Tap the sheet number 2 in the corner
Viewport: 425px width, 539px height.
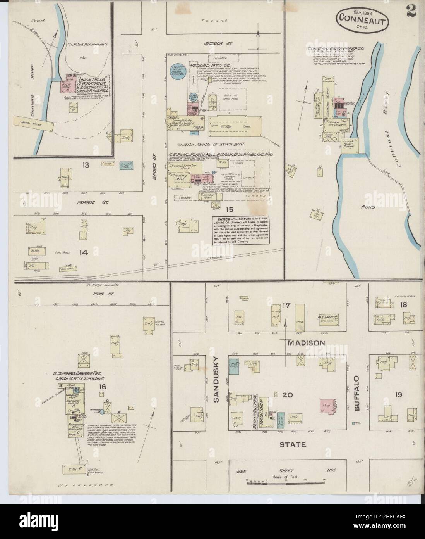[x=411, y=12]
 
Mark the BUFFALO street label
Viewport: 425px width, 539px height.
[x=357, y=392]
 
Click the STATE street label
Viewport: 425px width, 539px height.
[x=293, y=444]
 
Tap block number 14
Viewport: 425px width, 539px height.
[x=83, y=253]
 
